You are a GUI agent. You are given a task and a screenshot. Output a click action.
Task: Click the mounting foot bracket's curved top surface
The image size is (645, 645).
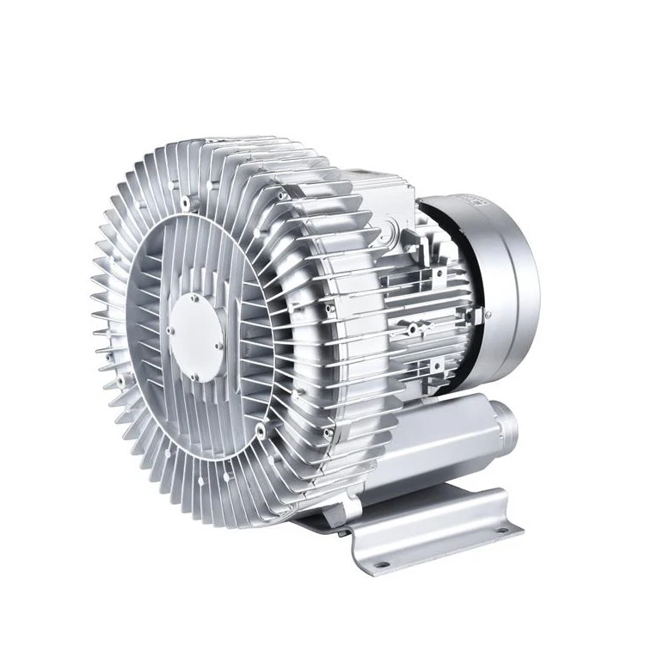(x=430, y=507)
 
